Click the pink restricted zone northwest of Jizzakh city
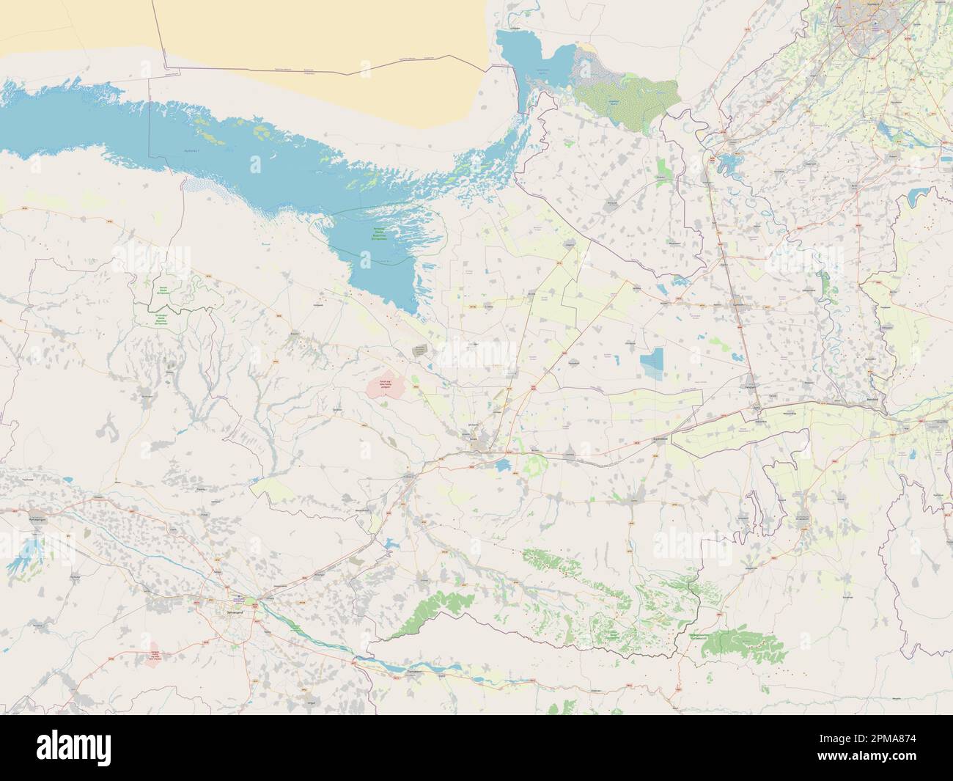click(x=386, y=386)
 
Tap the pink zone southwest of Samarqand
click(x=154, y=656)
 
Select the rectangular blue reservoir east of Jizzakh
click(x=651, y=362)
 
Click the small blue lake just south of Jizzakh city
click(x=503, y=467)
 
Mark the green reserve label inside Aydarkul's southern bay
click(x=378, y=234)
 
